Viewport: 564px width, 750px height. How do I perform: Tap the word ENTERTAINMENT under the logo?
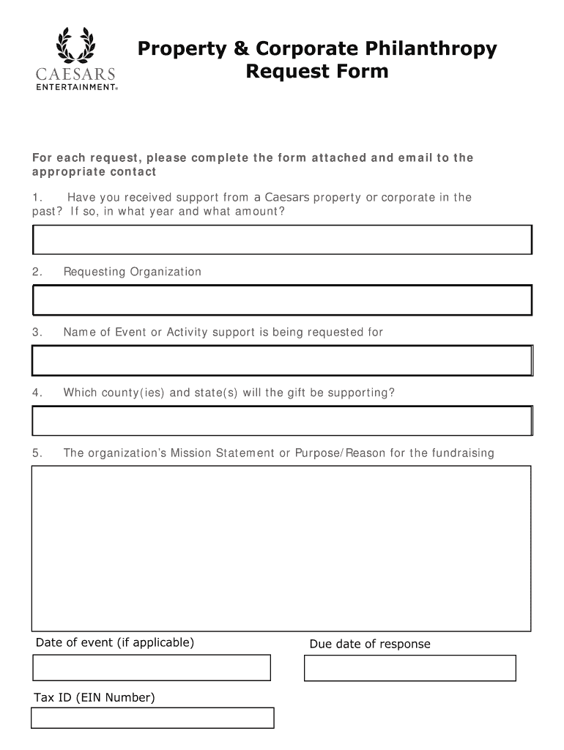tap(75, 86)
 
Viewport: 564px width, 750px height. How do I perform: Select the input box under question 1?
tap(281, 240)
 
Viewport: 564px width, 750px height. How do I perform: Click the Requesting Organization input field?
tap(281, 300)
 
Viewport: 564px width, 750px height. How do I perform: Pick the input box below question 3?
tap(281, 360)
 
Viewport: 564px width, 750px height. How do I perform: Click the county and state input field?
tap(281, 420)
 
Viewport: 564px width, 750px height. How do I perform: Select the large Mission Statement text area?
tap(281, 548)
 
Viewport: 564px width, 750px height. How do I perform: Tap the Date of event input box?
tap(152, 667)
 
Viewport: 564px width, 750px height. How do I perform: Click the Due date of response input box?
tap(409, 668)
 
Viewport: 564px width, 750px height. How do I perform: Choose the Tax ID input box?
tap(152, 718)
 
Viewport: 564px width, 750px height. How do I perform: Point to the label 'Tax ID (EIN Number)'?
tap(94, 697)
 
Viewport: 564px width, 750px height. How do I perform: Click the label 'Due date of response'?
tap(370, 644)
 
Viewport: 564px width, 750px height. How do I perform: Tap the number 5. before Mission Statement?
tap(37, 453)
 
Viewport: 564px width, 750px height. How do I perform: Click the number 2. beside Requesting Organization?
tap(37, 272)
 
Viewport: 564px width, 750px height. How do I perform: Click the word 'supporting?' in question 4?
tap(360, 393)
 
